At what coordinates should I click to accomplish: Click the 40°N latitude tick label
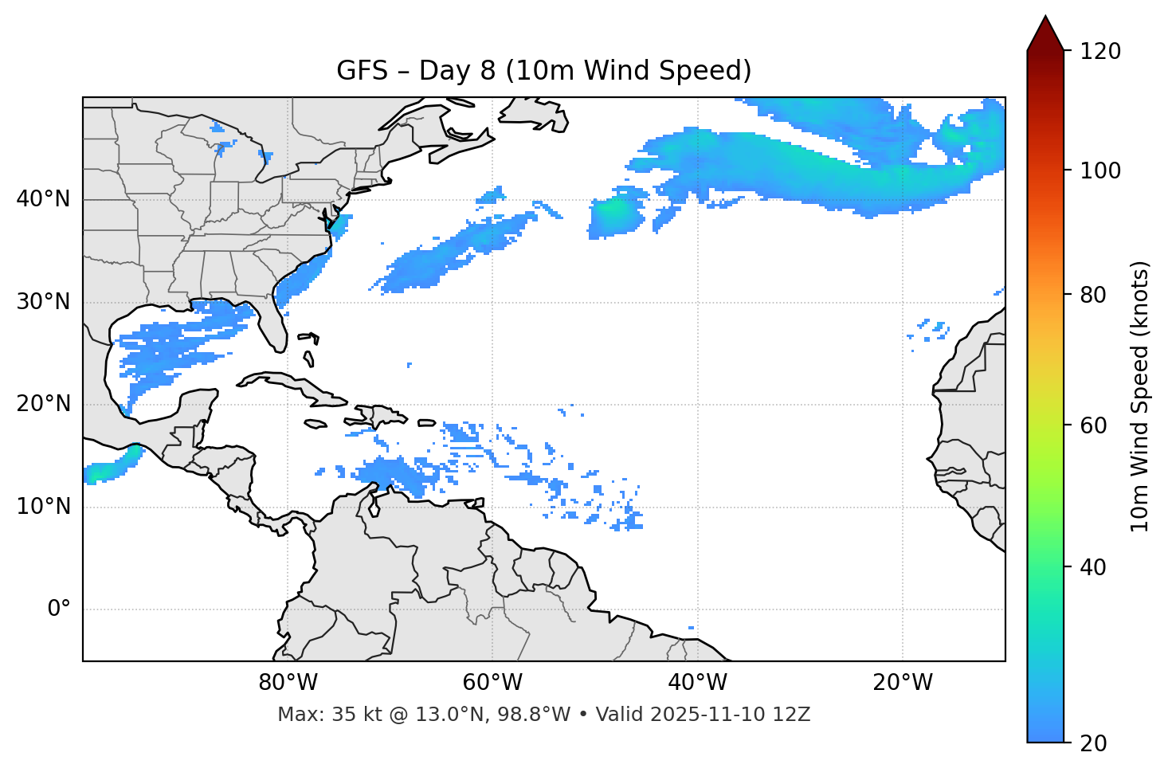43,199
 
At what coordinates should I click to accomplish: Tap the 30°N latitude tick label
43,302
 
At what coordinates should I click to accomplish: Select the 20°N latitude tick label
43,405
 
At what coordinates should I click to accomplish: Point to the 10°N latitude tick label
43,507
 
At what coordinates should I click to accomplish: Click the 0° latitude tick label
59,609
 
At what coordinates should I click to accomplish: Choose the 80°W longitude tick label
288,683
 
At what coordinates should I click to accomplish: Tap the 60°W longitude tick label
492,683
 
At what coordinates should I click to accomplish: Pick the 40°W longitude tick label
697,683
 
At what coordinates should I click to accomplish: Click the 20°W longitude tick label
903,683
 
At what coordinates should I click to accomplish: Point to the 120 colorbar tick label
1100,52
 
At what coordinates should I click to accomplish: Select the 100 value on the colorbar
1100,170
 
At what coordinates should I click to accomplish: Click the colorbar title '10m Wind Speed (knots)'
1140,397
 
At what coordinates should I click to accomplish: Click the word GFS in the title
362,71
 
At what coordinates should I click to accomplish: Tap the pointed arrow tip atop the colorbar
1045,19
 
